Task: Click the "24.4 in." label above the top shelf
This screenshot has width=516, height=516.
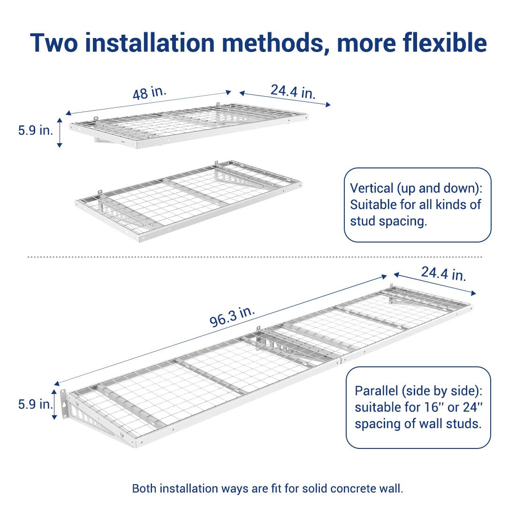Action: (293, 91)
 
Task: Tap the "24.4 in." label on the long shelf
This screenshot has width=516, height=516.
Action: (443, 273)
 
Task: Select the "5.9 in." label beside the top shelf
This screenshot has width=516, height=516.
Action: (36, 130)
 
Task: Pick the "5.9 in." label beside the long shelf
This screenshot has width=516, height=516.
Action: (36, 404)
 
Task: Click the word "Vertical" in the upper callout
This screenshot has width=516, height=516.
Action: (372, 188)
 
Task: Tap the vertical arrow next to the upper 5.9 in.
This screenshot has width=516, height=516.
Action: (60, 133)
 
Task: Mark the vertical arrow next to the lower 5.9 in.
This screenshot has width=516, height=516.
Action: (56, 403)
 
